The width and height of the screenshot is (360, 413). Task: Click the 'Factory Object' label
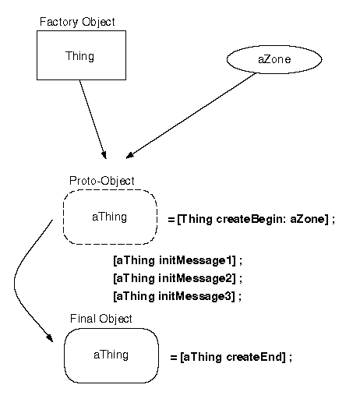(x=77, y=22)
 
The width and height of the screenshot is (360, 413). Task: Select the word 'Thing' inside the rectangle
(x=79, y=56)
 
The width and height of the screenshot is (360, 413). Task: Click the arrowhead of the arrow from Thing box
(x=104, y=155)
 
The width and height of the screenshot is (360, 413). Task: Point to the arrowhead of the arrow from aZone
(x=130, y=155)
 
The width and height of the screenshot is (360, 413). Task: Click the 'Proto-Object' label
(x=102, y=182)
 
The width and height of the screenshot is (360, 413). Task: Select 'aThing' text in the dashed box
(x=110, y=217)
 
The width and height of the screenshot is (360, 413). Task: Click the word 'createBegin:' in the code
(x=251, y=219)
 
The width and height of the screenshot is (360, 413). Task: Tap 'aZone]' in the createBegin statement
(x=309, y=219)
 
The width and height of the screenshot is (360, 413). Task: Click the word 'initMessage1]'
(x=197, y=260)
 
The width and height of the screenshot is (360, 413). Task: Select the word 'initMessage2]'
(x=197, y=278)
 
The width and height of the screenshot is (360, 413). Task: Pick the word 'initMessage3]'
(x=196, y=296)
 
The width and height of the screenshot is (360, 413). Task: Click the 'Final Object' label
(x=101, y=319)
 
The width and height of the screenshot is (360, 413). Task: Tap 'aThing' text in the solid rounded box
(x=111, y=355)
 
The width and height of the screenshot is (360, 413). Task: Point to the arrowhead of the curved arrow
(x=50, y=337)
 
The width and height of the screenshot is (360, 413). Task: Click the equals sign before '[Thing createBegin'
(x=171, y=220)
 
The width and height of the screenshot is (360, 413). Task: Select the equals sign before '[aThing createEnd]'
(x=174, y=358)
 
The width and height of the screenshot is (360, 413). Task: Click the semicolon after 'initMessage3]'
(x=240, y=298)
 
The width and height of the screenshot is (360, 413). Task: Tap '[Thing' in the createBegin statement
(x=195, y=219)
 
